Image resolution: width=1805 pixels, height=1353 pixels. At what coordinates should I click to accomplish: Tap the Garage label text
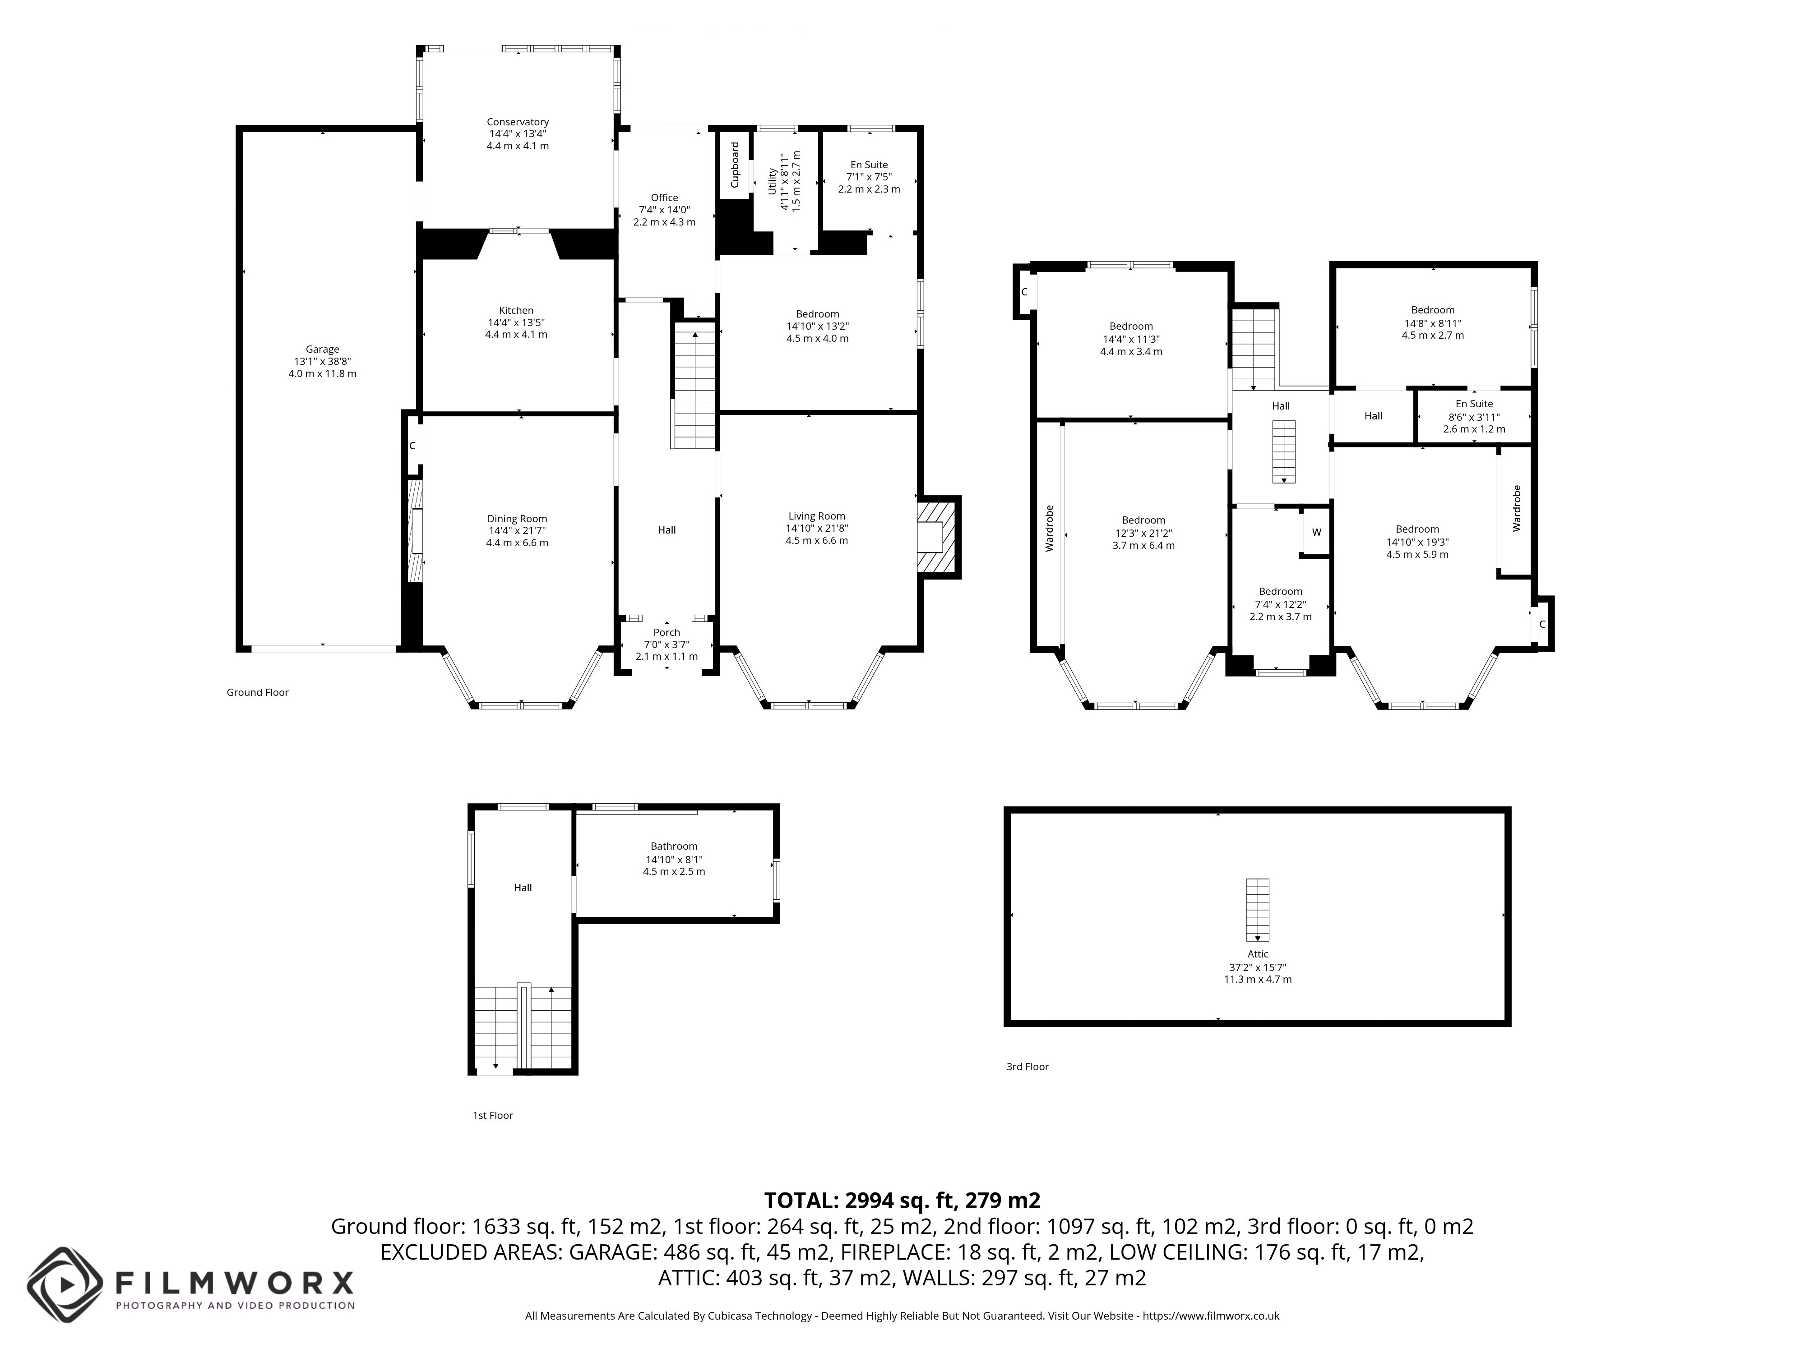pos(322,349)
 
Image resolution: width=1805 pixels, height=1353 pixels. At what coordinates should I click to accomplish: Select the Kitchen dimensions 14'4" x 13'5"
pos(517,322)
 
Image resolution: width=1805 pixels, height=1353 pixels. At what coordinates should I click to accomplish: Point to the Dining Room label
pos(517,519)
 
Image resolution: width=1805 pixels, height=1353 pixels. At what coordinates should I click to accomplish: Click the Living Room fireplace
pos(939,538)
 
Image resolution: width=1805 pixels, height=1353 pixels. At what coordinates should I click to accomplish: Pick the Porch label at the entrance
pos(666,632)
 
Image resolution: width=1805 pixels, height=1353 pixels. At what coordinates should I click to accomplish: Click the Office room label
pos(664,198)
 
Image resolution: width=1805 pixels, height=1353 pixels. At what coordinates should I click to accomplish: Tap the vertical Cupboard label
pos(734,165)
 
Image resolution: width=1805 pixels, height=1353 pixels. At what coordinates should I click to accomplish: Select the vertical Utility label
pos(772,181)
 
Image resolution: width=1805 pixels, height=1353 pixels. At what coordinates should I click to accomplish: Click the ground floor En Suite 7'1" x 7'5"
pos(869,176)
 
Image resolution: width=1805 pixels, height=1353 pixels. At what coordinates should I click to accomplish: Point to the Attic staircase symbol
pos(1258,909)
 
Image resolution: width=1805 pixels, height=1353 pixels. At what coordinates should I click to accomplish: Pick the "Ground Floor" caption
pos(258,692)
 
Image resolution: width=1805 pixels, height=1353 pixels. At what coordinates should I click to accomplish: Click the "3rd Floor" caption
pos(1027,1067)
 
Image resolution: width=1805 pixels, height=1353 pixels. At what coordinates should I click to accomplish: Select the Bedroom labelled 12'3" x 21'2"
pos(1143,533)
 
